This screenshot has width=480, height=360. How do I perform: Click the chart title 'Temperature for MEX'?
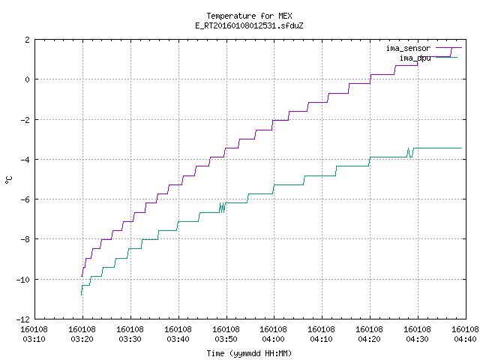click(249, 16)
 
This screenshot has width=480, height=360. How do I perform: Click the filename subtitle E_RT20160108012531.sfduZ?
click(249, 25)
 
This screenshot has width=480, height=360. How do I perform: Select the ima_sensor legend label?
click(408, 48)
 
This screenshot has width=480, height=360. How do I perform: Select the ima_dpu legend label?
click(415, 58)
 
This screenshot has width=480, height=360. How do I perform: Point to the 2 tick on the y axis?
click(28, 40)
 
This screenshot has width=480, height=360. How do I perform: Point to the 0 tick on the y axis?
click(28, 79)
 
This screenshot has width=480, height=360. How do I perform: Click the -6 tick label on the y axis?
click(25, 199)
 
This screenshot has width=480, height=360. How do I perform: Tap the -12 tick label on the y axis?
click(23, 319)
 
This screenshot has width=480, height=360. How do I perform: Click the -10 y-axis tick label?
click(23, 280)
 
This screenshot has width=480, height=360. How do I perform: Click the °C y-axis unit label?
click(9, 180)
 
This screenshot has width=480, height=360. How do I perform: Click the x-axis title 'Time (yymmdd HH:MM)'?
click(249, 353)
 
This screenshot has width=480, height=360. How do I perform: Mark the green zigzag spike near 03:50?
click(223, 208)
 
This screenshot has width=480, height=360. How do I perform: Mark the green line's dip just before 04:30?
click(410, 153)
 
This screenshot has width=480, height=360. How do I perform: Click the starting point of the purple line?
click(82, 277)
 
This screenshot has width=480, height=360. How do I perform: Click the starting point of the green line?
click(81, 295)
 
